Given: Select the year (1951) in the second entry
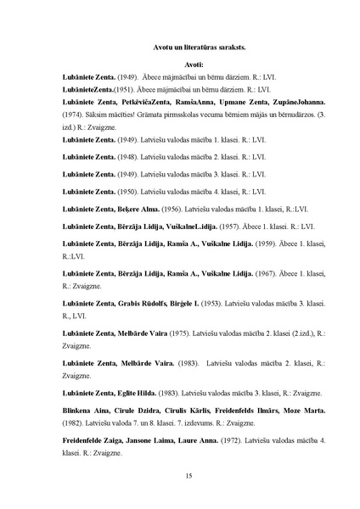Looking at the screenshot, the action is point(116,88).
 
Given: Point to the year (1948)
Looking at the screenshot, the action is point(128,157).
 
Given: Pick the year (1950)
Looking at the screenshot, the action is point(128,192).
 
